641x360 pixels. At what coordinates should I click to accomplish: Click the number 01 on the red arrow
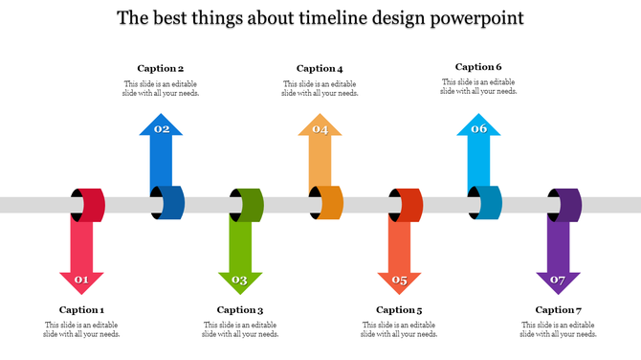coord(81,281)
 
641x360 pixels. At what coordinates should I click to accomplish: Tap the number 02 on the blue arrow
coord(162,128)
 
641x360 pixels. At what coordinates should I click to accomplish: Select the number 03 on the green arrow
coord(240,281)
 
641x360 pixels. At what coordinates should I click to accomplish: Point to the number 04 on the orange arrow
coord(320,128)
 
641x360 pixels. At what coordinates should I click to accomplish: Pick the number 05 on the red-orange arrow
coord(399,281)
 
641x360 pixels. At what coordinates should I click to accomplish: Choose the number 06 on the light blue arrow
coord(478,128)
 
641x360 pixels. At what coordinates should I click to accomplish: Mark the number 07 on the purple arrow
coord(558,281)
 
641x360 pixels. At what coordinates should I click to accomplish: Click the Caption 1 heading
coord(81,309)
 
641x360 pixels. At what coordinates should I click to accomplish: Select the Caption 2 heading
coord(161,68)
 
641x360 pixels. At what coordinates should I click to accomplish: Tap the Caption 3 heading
coord(240,309)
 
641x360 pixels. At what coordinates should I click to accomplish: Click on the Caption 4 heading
coord(320,68)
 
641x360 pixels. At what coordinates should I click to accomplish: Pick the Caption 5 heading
coord(399,309)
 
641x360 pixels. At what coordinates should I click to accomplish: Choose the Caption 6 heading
coord(478,67)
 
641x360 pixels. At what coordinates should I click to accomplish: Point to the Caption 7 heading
coord(558,309)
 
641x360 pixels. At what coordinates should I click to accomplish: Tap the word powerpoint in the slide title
coord(475,18)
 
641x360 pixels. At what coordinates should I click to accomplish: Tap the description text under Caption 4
coord(320,88)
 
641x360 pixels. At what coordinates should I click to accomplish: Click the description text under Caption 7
coord(558,329)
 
